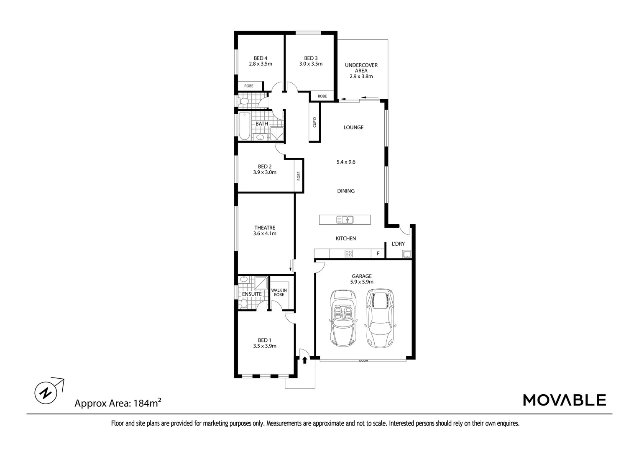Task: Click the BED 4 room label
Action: tap(260, 58)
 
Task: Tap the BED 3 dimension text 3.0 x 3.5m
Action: tap(310, 64)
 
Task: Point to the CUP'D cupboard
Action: tap(314, 122)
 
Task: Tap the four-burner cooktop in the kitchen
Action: tap(348, 253)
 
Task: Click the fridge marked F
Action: tap(378, 254)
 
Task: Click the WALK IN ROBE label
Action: tap(279, 292)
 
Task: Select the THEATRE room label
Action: tap(264, 228)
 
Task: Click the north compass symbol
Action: tap(45, 393)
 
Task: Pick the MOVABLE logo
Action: tap(564, 400)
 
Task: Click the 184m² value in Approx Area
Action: tap(148, 403)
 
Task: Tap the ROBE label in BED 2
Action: tap(299, 176)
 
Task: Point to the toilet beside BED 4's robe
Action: tap(243, 101)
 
